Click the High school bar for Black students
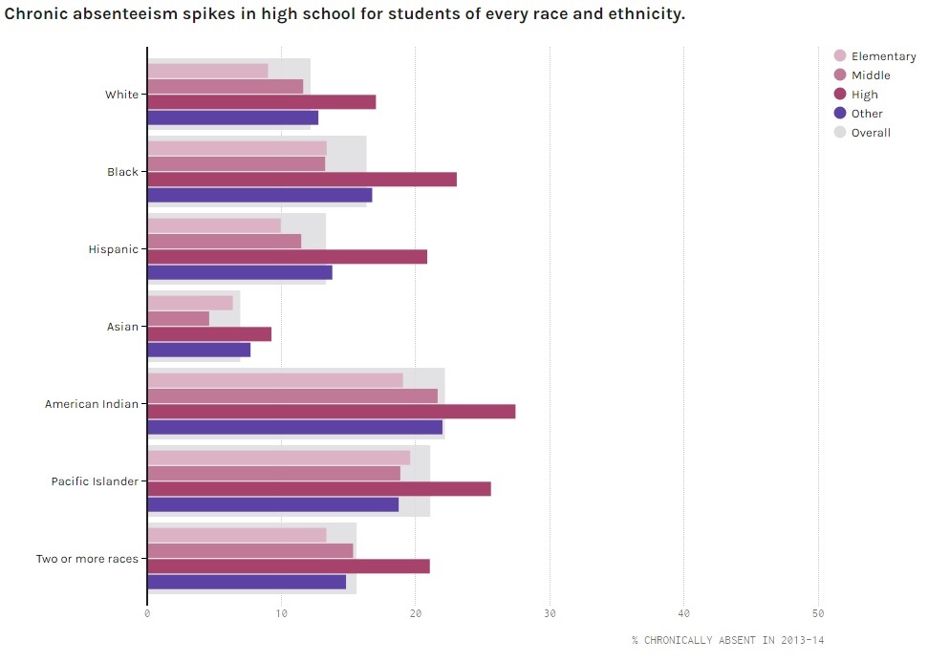302,180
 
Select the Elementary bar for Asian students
190,303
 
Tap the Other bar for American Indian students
295,427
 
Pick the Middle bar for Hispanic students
225,242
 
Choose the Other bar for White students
233,117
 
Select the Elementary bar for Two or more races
237,535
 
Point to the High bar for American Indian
332,412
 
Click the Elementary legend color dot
840,56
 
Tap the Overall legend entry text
871,133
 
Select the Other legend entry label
867,114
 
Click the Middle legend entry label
871,75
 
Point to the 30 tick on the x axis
550,613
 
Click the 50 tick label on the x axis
818,613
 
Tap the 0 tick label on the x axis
147,613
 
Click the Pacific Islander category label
95,481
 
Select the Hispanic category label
113,249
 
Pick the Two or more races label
87,559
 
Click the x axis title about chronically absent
726,639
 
